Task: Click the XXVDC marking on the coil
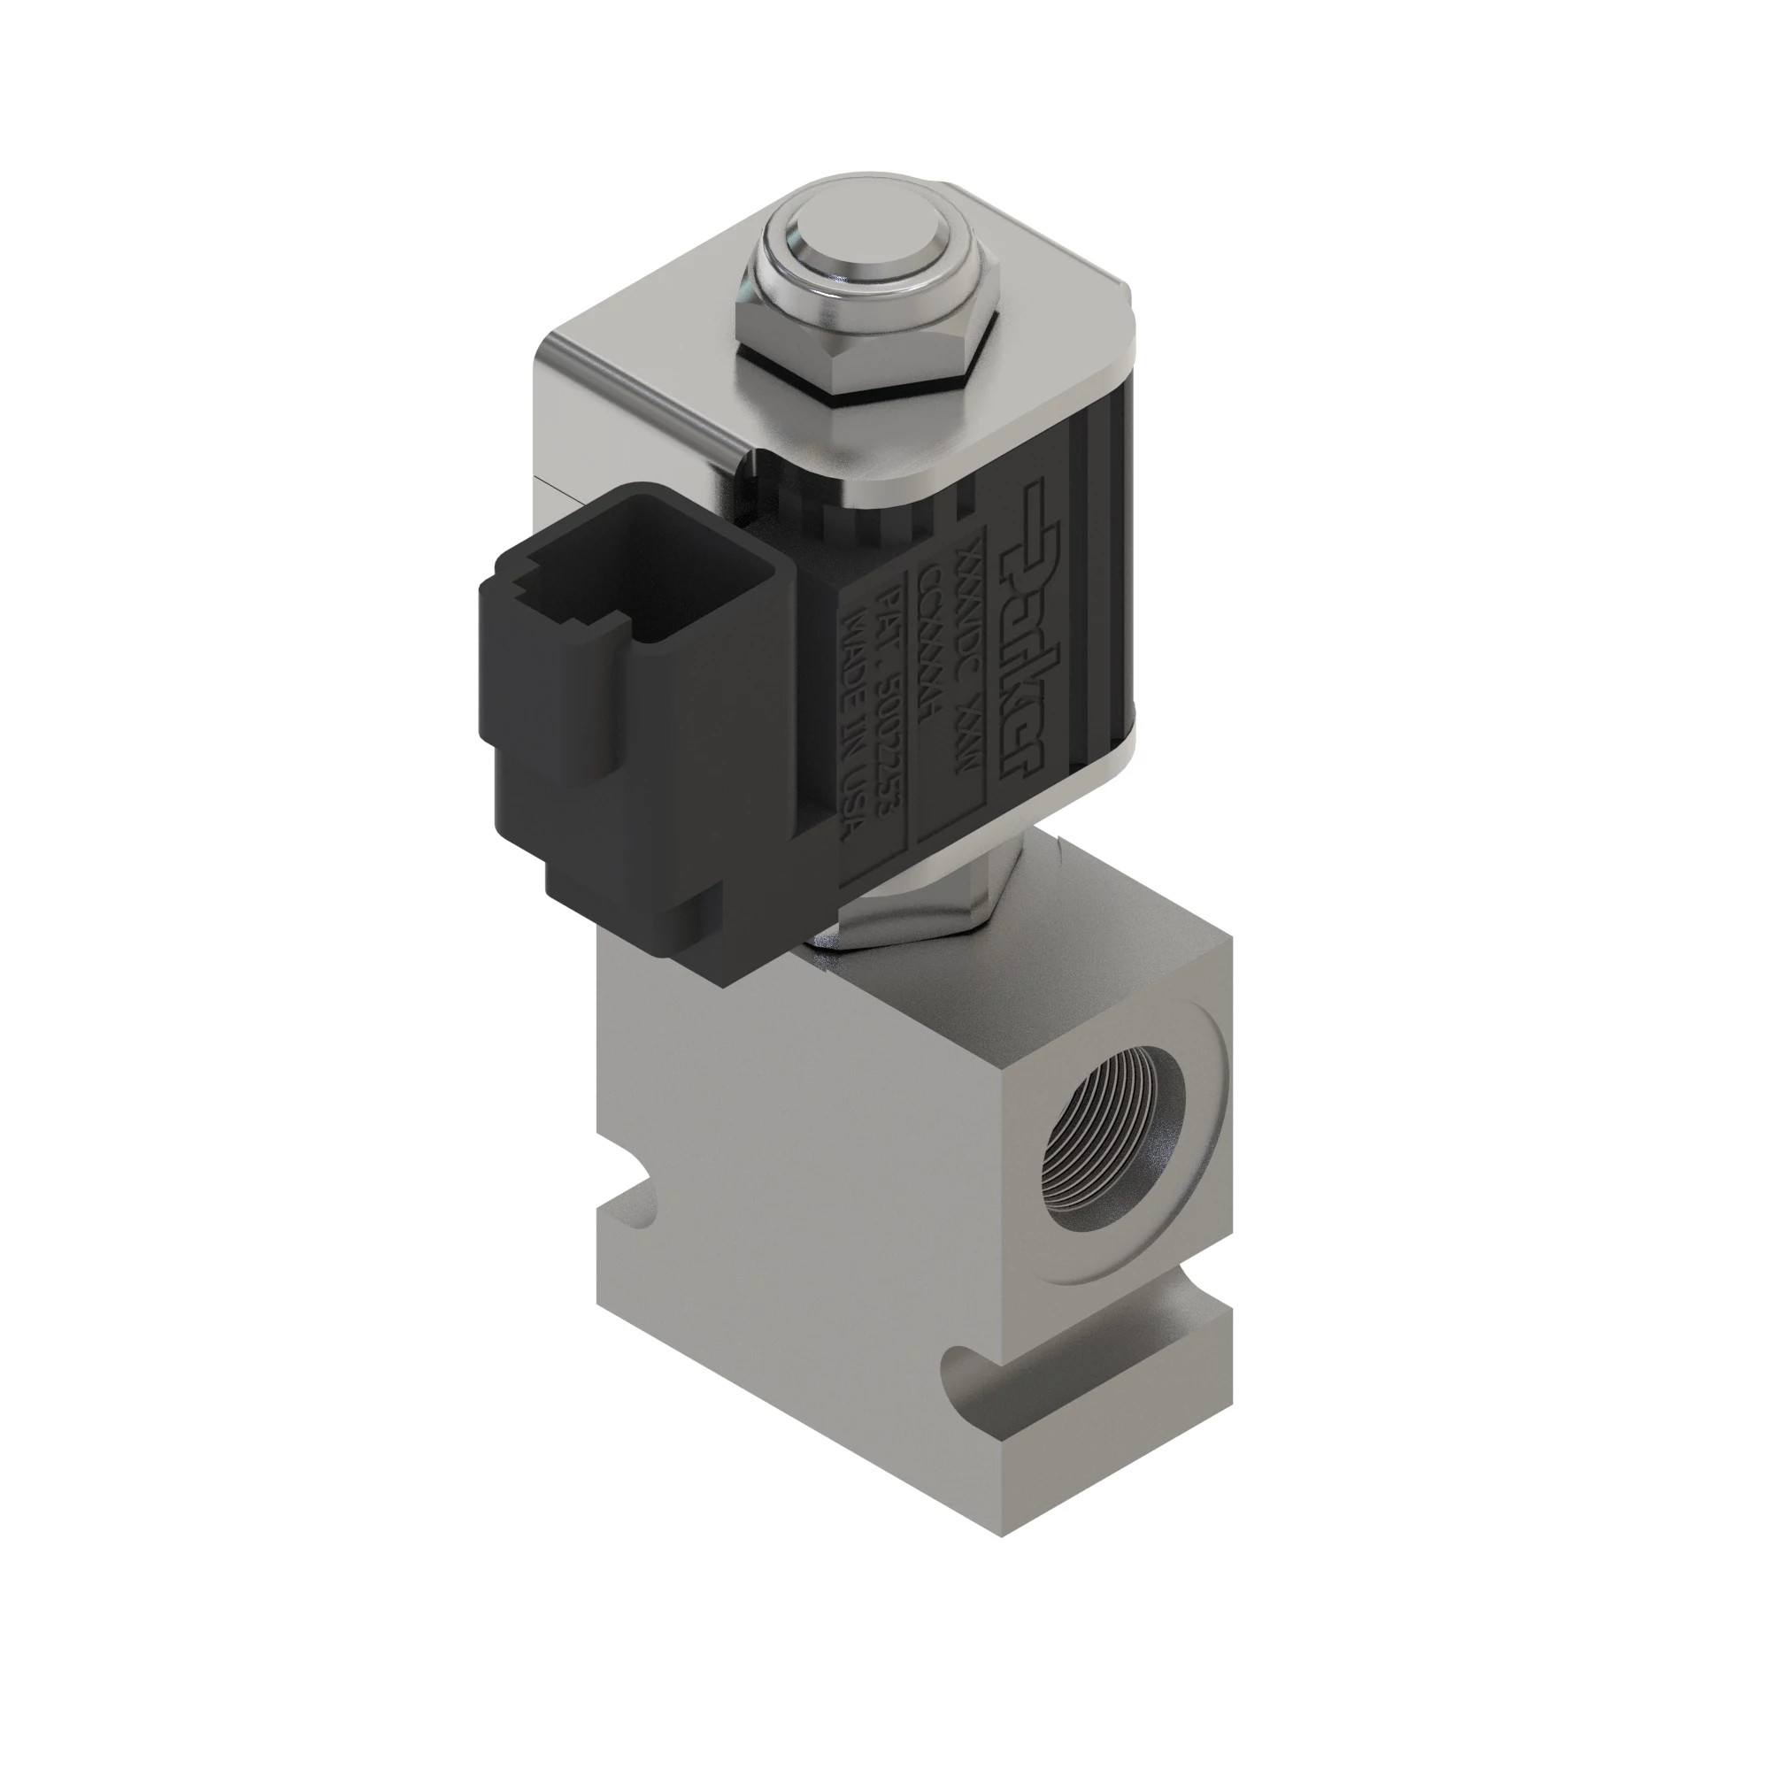[x=968, y=587]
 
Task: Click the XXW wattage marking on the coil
[x=971, y=743]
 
